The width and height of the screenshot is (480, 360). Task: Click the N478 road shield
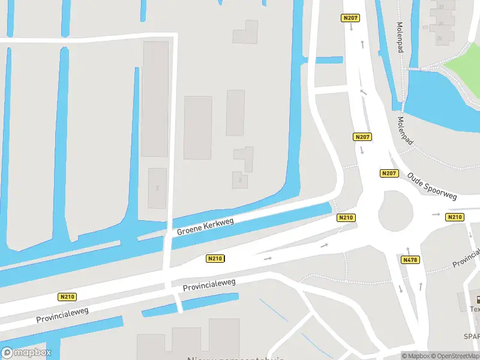(410, 260)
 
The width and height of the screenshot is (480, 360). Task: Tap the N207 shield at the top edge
(350, 18)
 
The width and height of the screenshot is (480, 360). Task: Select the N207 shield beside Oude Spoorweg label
(389, 173)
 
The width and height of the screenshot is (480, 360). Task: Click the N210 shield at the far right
(454, 217)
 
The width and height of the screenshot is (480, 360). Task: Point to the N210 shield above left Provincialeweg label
(67, 296)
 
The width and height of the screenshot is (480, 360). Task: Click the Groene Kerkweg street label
(205, 226)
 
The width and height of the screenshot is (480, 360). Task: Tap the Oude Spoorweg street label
(432, 187)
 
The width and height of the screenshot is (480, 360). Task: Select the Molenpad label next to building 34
(400, 37)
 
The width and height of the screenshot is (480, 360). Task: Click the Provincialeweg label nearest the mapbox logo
(62, 315)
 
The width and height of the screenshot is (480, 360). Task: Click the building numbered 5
(157, 188)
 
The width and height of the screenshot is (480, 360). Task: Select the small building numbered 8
(240, 179)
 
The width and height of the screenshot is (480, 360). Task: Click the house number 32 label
(442, 7)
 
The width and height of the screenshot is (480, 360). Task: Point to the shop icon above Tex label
(478, 299)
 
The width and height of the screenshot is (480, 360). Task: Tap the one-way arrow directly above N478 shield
(408, 250)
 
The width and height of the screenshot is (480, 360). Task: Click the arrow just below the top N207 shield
(351, 28)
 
